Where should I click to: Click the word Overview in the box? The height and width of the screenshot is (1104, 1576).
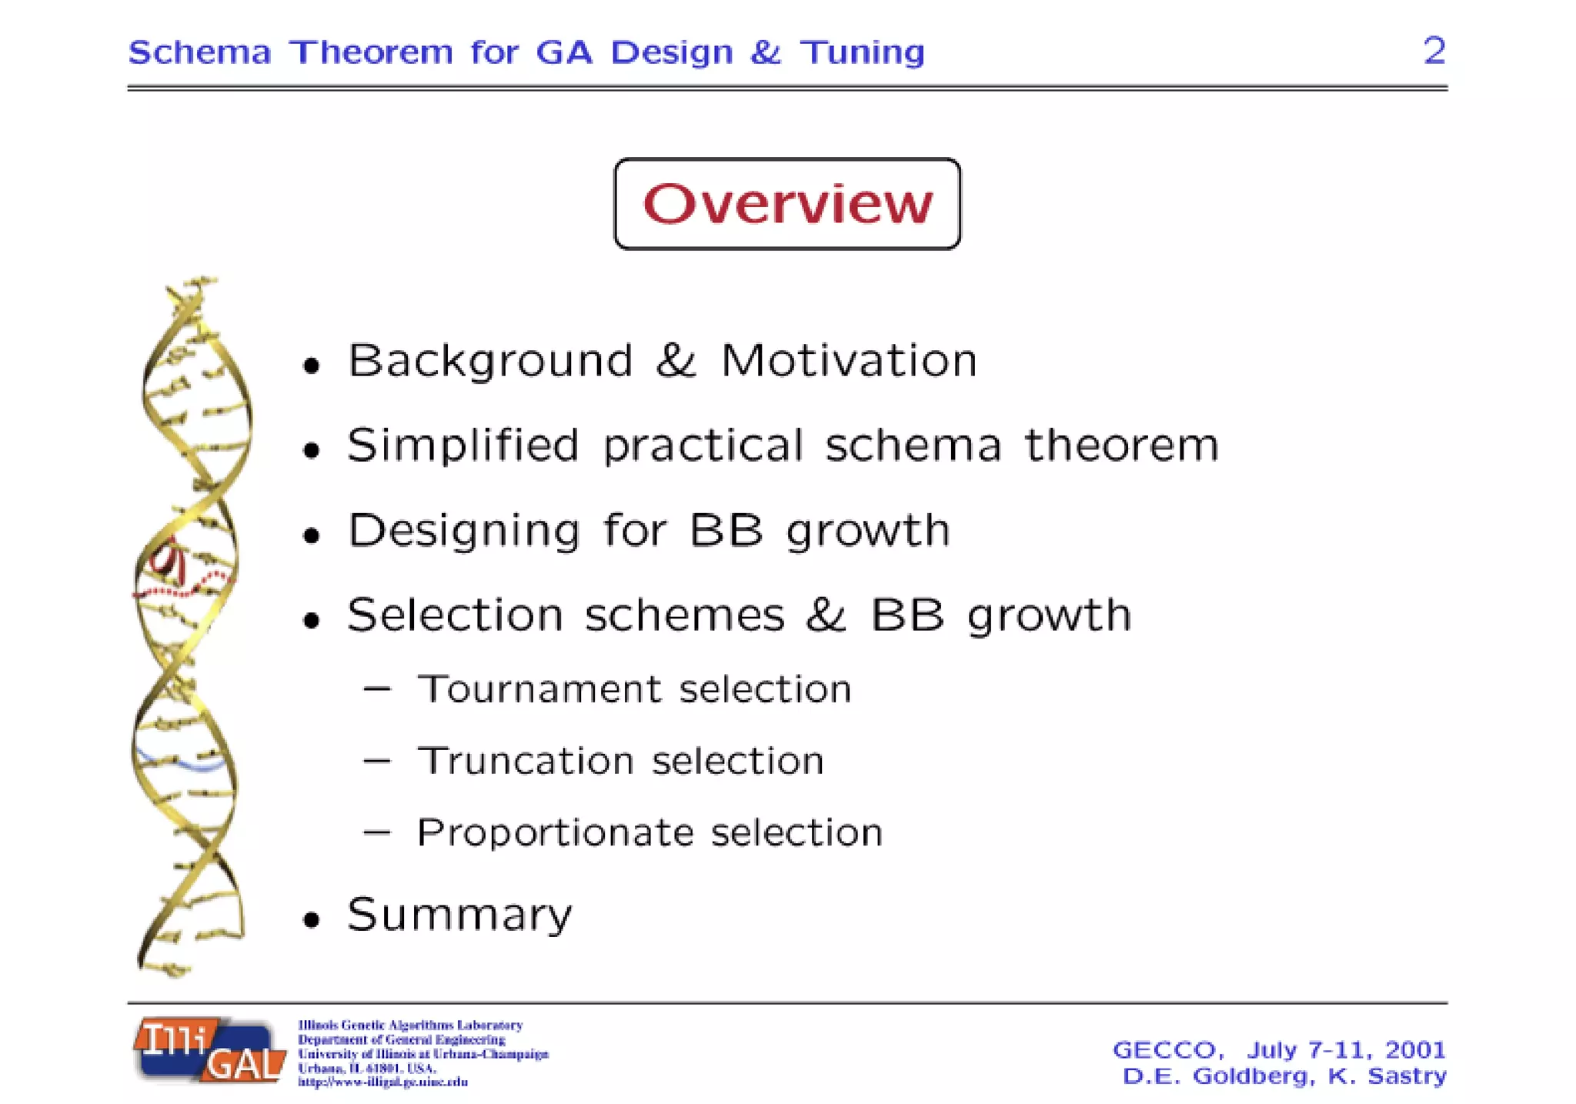pos(787,204)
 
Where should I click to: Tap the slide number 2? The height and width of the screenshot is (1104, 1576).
pos(1434,51)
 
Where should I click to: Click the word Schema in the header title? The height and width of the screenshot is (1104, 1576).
pos(199,52)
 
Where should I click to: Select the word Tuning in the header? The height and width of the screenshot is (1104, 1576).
pos(862,52)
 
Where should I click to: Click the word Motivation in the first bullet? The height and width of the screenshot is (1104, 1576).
pos(848,360)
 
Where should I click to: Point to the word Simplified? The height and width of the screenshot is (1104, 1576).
pos(462,445)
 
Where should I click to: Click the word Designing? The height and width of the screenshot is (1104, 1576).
pos(463,531)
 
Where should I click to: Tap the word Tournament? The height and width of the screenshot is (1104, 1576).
pos(539,689)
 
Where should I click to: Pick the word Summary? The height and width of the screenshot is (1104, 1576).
pos(459,915)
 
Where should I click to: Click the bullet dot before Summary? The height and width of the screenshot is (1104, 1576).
pos(311,919)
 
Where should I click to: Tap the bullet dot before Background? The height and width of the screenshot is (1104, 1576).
pos(311,365)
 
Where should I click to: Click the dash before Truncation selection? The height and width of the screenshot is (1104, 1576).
pos(377,761)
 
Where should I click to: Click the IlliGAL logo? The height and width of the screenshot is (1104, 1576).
pos(209,1050)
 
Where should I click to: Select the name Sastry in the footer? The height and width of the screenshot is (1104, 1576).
pos(1406,1076)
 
